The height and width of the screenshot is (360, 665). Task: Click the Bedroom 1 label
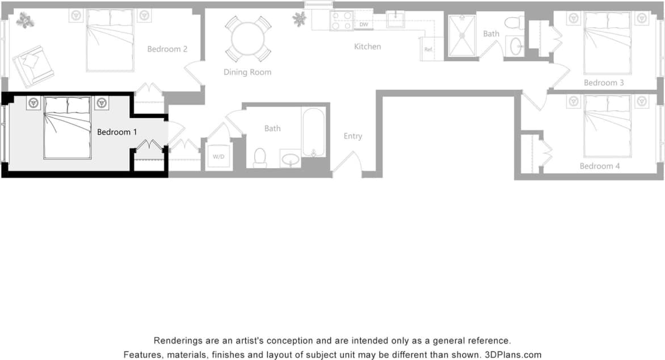pos(117,132)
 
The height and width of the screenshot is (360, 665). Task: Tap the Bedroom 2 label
pos(167,49)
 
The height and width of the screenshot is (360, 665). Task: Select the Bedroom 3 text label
pos(604,83)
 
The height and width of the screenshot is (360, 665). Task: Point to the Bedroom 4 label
pos(600,166)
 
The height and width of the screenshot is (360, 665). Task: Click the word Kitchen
pos(367,47)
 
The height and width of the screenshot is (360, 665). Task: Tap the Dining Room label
pos(247,72)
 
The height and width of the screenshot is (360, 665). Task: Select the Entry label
pos(352,136)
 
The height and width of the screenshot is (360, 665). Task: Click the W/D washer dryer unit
pos(218,156)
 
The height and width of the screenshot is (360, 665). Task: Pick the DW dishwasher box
pos(364,25)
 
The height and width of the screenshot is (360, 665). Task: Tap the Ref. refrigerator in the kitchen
pos(429,49)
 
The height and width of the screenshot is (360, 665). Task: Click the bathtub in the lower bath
pos(313,132)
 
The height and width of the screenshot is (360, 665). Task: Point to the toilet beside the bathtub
pos(260,157)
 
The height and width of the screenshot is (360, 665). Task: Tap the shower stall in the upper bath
pos(462,36)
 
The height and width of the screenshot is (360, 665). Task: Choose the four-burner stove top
pos(342,21)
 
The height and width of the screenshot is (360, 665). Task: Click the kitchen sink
pos(395,19)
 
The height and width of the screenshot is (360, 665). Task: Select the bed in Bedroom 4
pos(607,126)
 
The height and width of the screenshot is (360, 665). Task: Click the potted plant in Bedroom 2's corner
pos(25,21)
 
